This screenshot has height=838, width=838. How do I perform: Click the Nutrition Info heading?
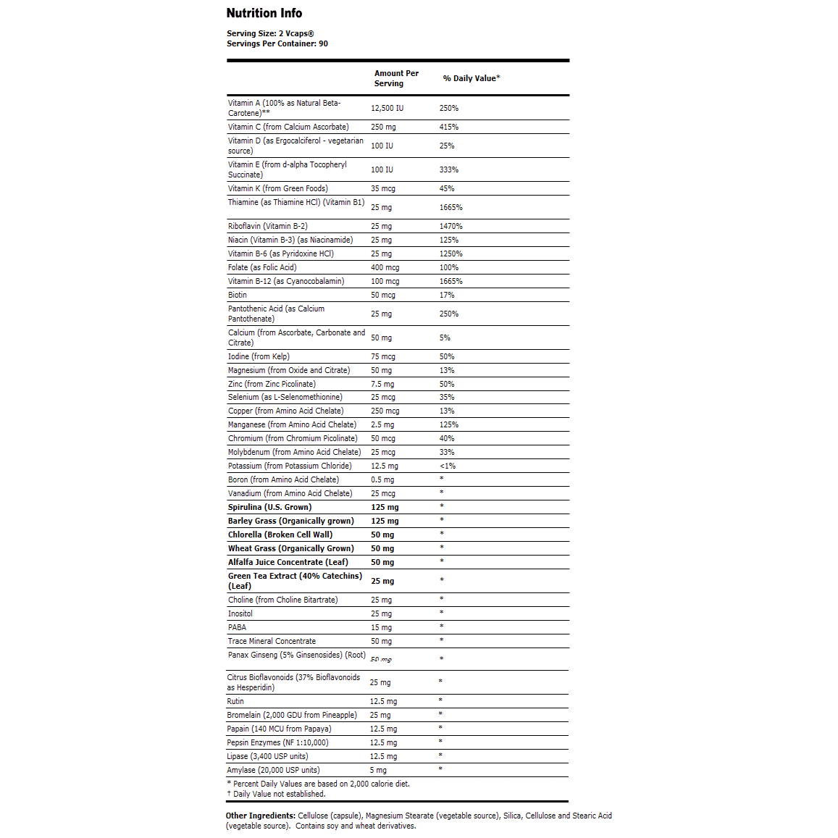[264, 13]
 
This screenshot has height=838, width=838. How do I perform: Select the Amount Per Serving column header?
[396, 78]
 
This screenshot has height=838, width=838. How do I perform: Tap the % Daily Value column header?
[472, 78]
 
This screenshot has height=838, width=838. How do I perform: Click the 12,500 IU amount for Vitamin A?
[387, 108]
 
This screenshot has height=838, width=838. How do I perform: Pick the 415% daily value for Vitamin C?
[449, 127]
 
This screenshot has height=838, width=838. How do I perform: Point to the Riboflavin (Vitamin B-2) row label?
[268, 226]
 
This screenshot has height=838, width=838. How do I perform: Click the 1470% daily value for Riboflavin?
[451, 226]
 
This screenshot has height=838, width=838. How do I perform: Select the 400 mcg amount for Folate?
[385, 267]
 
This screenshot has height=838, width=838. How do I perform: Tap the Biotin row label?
[238, 295]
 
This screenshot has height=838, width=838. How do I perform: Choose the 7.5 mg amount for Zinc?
[382, 384]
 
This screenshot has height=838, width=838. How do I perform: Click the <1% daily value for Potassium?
[448, 466]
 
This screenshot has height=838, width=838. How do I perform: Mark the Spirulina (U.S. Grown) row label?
[269, 507]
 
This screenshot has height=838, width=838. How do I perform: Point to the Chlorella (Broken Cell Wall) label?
[280, 535]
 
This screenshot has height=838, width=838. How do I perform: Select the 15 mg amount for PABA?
[381, 627]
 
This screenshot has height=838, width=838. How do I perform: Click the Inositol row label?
[240, 613]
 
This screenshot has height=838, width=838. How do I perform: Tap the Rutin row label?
[235, 701]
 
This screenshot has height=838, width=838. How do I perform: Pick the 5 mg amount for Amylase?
[378, 770]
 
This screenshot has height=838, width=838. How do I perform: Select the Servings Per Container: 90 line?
[277, 43]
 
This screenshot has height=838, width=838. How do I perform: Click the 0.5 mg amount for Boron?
[382, 479]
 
